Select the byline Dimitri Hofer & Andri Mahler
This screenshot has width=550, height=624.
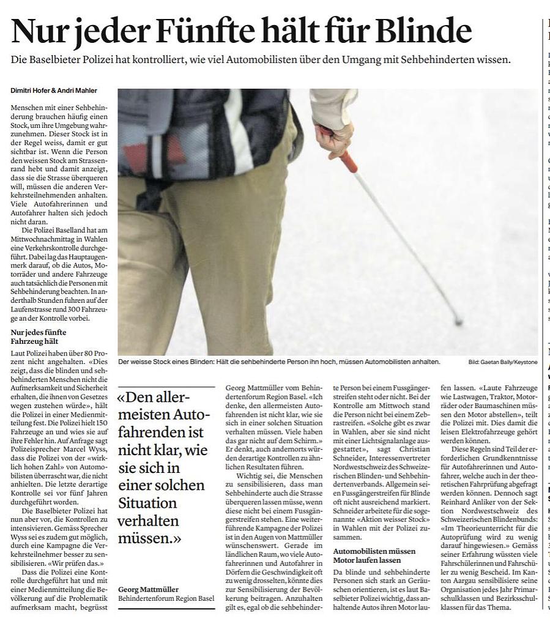(53, 91)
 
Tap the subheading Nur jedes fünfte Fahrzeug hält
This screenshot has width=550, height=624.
(39, 337)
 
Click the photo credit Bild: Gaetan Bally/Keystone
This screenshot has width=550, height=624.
(503, 362)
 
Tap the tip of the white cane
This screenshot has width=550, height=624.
(457, 321)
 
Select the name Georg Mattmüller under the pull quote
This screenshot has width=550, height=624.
(149, 589)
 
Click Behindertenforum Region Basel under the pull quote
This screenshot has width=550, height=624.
(166, 598)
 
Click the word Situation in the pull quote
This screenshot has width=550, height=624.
(147, 503)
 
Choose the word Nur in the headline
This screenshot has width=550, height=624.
(37, 29)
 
